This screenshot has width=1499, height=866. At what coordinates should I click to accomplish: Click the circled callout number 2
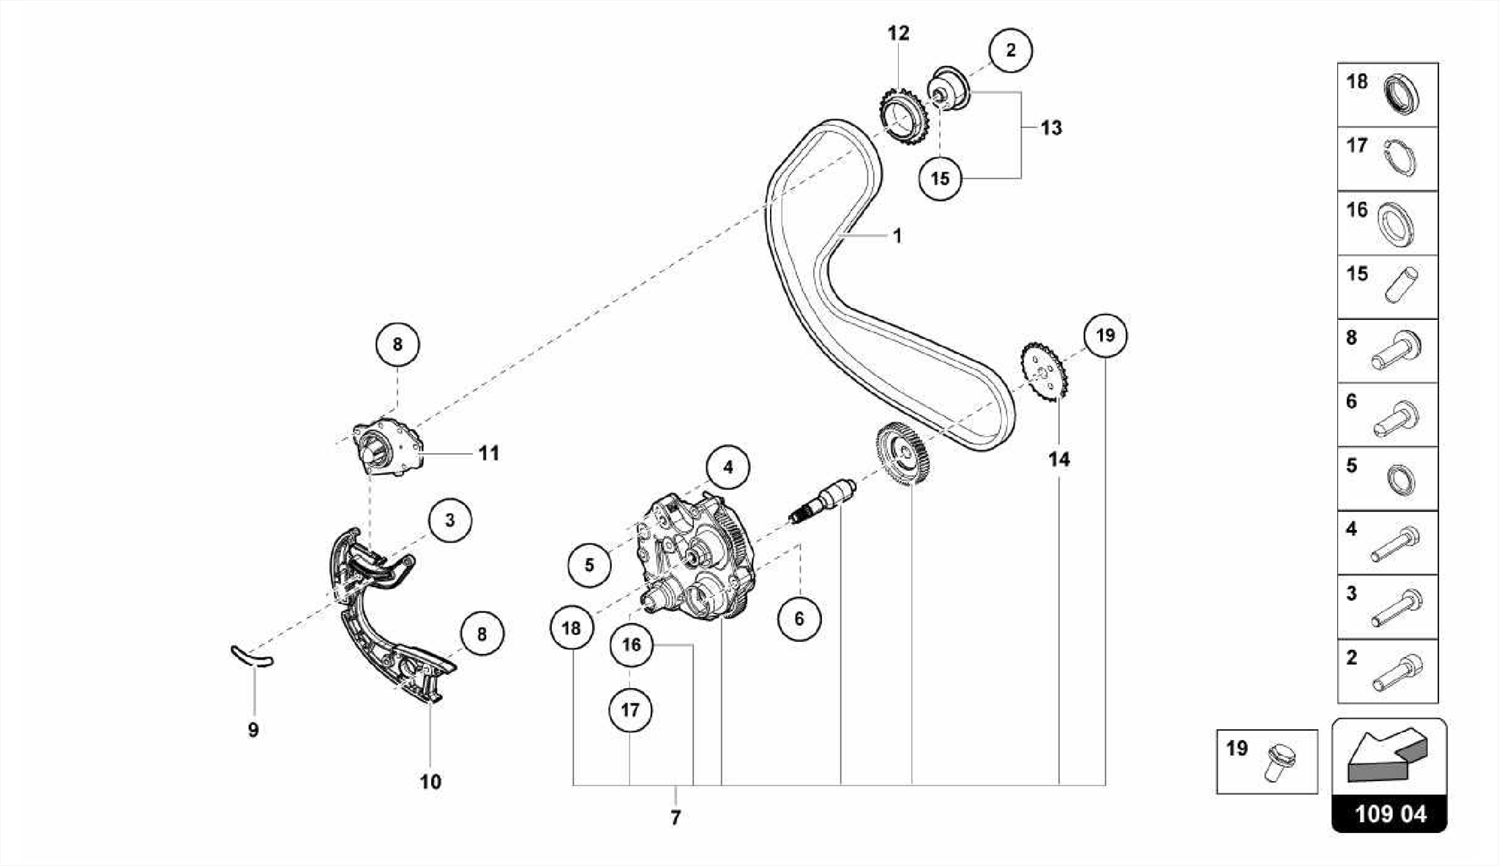click(x=1011, y=51)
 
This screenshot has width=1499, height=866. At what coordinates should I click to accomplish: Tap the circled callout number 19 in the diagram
click(x=1105, y=335)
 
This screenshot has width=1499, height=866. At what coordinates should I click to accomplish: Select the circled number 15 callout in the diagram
click(x=940, y=178)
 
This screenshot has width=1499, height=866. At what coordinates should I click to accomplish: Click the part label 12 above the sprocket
click(x=898, y=33)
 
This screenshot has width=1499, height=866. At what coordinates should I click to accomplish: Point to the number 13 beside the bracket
click(x=1051, y=128)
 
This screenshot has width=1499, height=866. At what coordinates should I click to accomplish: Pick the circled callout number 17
click(x=630, y=709)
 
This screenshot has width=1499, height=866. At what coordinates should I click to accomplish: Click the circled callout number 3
click(x=449, y=520)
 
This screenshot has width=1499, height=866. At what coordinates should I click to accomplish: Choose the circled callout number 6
click(x=799, y=619)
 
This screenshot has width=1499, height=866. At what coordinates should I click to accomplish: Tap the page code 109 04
click(x=1389, y=814)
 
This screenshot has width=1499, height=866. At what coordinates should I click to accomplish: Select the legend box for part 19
click(x=1266, y=761)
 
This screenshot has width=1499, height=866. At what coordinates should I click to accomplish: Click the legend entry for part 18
click(x=1387, y=95)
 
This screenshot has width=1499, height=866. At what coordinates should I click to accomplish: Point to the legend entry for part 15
click(x=1387, y=287)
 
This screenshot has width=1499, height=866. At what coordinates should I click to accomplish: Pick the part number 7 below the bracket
click(x=675, y=818)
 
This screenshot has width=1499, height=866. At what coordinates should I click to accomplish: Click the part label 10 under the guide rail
click(x=430, y=782)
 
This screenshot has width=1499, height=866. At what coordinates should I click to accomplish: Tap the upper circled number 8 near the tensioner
click(x=397, y=344)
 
